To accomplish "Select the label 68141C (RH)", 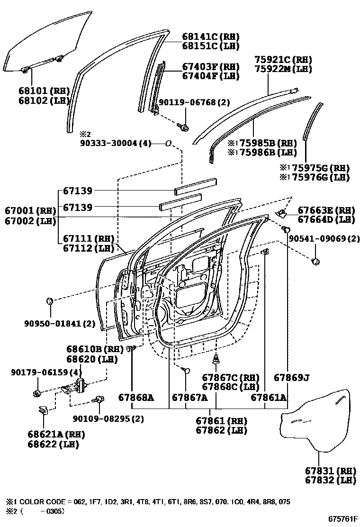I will (210, 36).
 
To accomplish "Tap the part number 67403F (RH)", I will (210, 67).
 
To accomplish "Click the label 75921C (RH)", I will (289, 60).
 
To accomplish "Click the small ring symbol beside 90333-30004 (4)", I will (168, 143).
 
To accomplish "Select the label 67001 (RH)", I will (30, 210).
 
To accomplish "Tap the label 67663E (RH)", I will (326, 210).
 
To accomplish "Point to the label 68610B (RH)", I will (92, 350).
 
